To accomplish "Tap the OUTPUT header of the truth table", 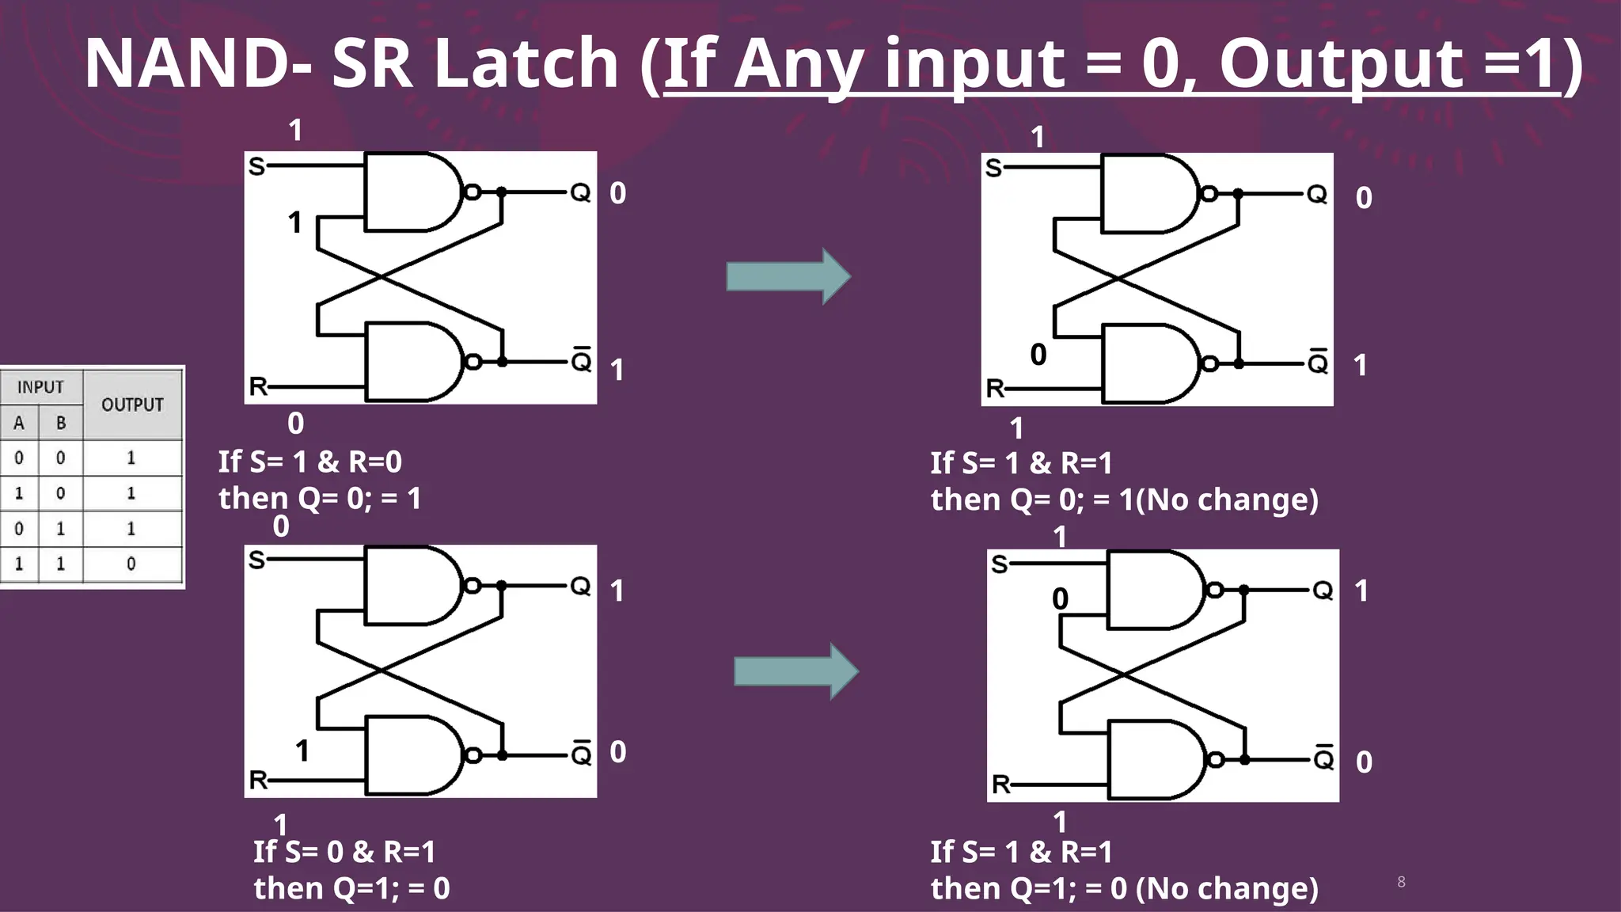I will coord(132,405).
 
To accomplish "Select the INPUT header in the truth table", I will coord(40,387).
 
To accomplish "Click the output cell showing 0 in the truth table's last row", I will coord(131,564).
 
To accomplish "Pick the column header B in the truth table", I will coord(61,424).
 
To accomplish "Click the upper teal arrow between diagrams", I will coord(788,276).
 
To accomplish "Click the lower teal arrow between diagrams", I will coord(795,671).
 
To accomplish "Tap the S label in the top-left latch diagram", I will coord(256,166).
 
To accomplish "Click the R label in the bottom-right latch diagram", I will coord(1000,785).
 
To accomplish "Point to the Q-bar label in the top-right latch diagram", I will coord(1318,362).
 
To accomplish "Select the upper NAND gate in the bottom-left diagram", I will coord(412,586).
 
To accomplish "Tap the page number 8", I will coord(1401,882).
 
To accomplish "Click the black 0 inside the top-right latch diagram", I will coord(1038,355).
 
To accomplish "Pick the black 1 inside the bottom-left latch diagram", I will coord(302,750).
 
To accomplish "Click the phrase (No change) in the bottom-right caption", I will coord(1227,888).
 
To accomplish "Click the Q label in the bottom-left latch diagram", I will coord(580,586).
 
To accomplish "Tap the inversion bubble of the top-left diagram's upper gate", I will coord(473,192).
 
